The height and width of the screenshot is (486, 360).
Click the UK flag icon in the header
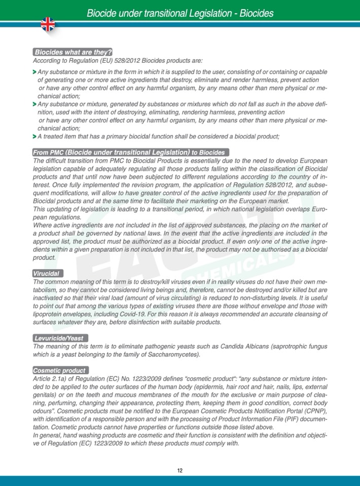click(x=48, y=24)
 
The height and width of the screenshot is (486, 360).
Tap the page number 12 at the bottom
click(x=180, y=470)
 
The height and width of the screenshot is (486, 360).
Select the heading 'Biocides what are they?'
click(x=73, y=52)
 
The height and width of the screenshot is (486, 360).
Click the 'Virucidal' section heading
click(x=48, y=273)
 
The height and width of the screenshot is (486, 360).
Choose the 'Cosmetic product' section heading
click(x=60, y=370)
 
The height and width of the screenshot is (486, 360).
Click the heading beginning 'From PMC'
click(x=130, y=152)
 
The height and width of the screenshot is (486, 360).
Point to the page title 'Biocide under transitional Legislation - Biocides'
click(x=180, y=13)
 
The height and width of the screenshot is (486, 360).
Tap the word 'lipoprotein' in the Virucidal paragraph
click(x=49, y=314)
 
